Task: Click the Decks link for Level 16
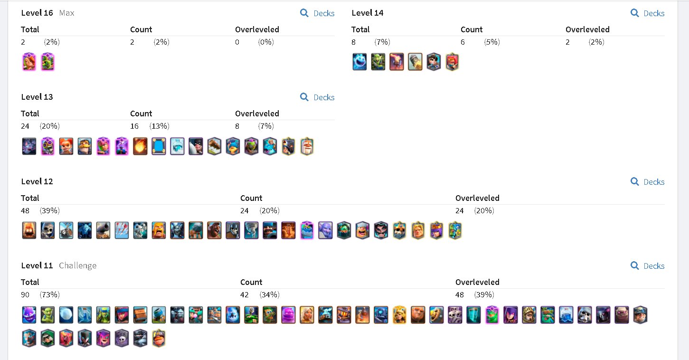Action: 317,13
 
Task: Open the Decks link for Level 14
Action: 647,13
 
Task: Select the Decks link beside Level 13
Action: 317,97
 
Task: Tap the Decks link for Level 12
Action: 647,182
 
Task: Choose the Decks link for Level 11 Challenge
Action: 647,266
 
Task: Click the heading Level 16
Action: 37,13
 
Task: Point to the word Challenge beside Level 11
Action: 77,265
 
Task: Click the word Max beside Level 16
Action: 67,13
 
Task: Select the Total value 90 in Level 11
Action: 25,295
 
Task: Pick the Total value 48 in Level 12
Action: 25,211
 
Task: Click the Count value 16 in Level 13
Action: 134,126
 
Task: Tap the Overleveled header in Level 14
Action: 587,29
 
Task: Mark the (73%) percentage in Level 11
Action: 49,295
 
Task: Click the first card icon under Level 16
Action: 29,62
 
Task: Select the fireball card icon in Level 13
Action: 140,146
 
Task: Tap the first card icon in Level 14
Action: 359,62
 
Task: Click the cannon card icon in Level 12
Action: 103,230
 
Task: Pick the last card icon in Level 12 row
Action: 455,230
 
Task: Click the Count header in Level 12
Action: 251,198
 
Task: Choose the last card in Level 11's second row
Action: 159,339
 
